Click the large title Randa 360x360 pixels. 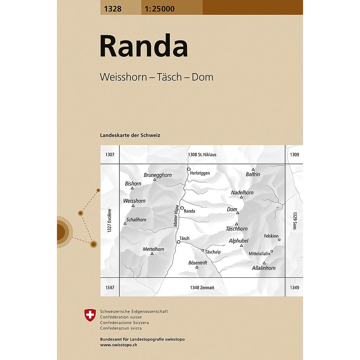(144, 46)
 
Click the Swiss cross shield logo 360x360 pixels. (90, 315)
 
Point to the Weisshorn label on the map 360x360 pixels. (134, 201)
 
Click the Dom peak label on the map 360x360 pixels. (232, 209)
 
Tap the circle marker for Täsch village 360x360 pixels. (179, 242)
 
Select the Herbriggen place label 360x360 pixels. (200, 173)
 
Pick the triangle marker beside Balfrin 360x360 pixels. (253, 169)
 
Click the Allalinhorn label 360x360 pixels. (264, 268)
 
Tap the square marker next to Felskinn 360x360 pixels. (279, 240)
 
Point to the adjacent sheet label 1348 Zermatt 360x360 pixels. (202, 288)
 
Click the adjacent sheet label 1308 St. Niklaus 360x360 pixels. (202, 154)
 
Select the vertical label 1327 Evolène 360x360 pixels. (109, 220)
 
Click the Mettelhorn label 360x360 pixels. (153, 249)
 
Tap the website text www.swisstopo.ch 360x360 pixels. (118, 345)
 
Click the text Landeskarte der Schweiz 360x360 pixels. (130, 135)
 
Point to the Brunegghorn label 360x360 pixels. (157, 175)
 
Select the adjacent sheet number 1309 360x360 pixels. (295, 154)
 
